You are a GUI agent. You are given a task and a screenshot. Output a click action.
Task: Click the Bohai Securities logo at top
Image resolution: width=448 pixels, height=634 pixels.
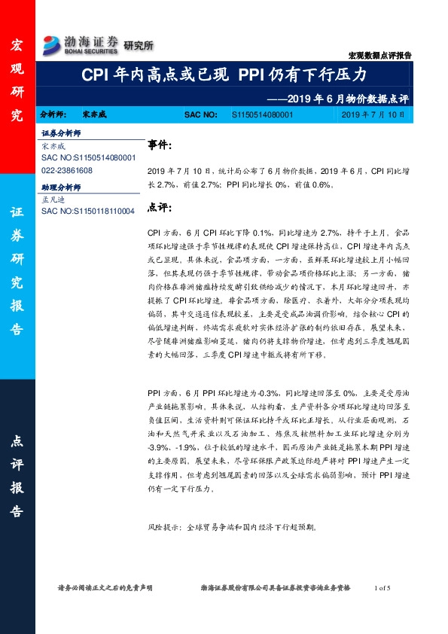pos(80,44)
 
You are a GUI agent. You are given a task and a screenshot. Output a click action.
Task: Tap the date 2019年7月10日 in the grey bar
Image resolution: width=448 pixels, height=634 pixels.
pos(373,115)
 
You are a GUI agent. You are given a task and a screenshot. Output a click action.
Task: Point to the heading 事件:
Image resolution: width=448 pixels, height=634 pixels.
pos(159,145)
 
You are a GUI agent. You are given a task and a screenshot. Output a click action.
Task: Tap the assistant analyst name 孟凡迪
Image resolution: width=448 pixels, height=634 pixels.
pos(54,199)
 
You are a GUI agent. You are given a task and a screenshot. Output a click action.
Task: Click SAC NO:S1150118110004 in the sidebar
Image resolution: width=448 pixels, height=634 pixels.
pos(88,212)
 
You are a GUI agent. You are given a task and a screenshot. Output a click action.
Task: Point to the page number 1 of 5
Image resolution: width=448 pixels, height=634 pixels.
pos(382,587)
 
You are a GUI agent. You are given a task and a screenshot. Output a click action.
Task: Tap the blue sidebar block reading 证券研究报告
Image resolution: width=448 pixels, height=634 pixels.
pos(17,272)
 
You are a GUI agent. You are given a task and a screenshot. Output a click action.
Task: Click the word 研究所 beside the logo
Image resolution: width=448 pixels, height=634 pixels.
pos(138,45)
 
